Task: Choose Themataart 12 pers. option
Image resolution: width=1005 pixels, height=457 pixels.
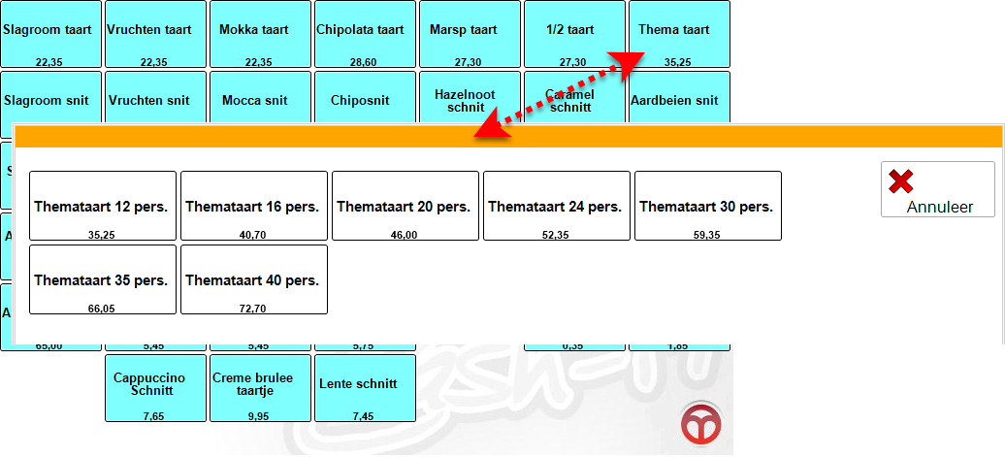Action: coord(103,206)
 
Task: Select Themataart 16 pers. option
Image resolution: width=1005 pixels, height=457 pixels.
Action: coord(254,206)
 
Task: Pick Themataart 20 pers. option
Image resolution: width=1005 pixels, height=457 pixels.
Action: coord(405,206)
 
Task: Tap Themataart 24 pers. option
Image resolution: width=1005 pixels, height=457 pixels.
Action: coord(557,206)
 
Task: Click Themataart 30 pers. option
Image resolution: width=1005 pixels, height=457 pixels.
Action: coord(708,206)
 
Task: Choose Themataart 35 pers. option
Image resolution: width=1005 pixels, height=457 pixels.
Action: coord(103,279)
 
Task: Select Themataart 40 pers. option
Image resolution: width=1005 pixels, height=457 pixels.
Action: coord(254,279)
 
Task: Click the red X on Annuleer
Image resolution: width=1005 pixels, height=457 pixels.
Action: coord(901,181)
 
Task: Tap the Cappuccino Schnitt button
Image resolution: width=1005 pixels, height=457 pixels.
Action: coord(155,387)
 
